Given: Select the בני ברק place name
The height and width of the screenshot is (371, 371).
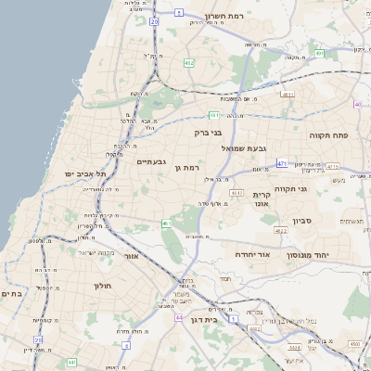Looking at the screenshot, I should tap(210, 133).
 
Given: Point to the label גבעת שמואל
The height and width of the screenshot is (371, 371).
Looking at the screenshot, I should tap(245, 148).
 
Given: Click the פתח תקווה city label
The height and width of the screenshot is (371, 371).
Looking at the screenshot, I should tap(328, 135).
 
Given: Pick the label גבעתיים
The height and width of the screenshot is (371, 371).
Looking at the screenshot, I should tap(151, 161).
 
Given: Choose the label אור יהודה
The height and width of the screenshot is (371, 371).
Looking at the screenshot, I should tap(251, 253).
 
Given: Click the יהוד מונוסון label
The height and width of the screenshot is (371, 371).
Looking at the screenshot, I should tap(329, 254).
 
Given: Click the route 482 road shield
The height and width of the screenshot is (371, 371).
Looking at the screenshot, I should tap(189, 63).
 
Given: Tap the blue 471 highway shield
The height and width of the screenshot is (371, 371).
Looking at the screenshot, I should tap(282, 163).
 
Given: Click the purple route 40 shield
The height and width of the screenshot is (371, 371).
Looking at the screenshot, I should tap(358, 105).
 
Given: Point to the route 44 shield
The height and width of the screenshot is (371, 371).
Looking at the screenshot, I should tap(178, 316).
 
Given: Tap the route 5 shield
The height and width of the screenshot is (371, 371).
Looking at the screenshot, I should tap(178, 13).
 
